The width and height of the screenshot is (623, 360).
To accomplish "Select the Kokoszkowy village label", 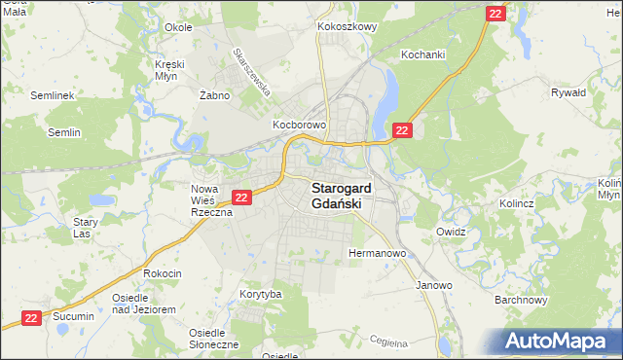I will click(x=347, y=27).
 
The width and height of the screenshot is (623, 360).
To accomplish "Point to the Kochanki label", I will click(x=422, y=55).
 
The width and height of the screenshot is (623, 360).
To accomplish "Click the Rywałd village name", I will click(x=568, y=92).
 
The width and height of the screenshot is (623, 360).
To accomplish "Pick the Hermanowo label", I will click(x=377, y=254).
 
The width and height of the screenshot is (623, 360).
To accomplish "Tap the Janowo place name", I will click(x=434, y=285).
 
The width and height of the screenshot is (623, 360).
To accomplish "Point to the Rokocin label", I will click(x=163, y=273).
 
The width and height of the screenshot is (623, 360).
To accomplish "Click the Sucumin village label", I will click(x=73, y=316).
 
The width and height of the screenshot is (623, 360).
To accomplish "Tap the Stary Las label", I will click(x=86, y=227).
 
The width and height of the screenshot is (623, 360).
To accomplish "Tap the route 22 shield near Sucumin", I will click(x=31, y=317).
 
